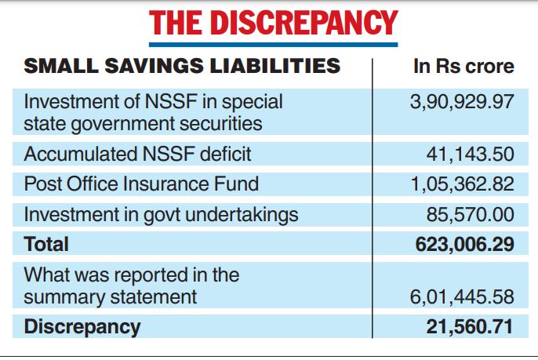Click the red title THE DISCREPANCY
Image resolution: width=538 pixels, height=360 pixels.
[273, 24]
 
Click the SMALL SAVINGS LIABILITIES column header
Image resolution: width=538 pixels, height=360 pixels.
[183, 66]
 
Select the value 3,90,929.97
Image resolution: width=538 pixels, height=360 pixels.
[462, 103]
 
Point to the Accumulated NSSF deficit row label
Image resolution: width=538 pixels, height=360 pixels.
[137, 155]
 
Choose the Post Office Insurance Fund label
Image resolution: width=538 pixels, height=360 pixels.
[141, 184]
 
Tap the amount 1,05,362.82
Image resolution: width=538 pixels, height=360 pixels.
[462, 184]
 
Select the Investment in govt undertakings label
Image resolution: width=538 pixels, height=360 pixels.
[162, 214]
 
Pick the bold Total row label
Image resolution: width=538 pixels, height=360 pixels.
[46, 244]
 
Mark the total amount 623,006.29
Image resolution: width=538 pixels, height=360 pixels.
[465, 244]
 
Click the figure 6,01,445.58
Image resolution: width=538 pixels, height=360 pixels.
[462, 297]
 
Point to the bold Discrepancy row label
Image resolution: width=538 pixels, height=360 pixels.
[82, 326]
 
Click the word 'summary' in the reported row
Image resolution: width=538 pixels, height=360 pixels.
[56, 297]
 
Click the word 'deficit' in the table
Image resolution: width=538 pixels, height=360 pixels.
[224, 155]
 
